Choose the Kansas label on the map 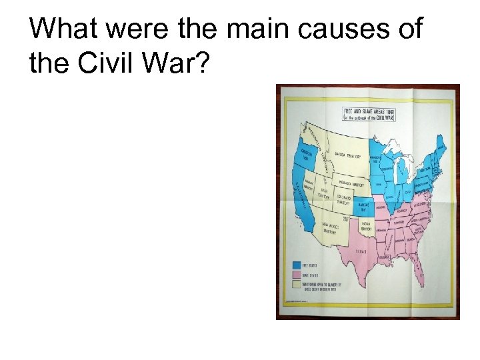tap(363, 207)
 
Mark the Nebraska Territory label tap(353, 182)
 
